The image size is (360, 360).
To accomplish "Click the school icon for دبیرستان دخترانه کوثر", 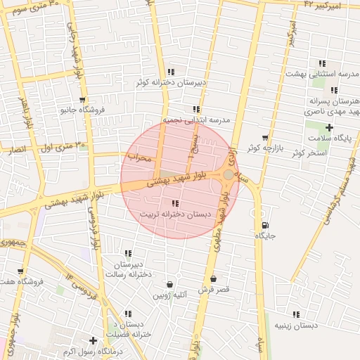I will (x=171, y=72).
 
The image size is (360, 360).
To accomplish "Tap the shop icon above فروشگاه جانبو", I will (x=83, y=100).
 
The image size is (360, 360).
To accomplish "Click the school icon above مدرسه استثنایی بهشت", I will (x=322, y=63).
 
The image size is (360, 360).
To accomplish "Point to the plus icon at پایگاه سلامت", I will (x=329, y=127).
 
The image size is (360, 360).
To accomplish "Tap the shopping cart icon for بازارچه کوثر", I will (x=264, y=138).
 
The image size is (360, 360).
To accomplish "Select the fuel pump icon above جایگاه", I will (x=264, y=226).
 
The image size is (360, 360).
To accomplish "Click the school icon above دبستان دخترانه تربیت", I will (x=175, y=203).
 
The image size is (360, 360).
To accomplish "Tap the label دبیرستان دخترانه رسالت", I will (x=129, y=269).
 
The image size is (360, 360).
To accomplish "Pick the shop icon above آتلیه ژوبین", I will (x=169, y=285).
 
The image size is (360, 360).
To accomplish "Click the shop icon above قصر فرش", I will (x=213, y=278).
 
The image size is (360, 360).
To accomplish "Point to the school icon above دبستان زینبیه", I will (x=295, y=314).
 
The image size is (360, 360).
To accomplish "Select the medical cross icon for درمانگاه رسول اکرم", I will (x=93, y=340).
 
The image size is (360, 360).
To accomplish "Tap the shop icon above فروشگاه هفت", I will (x=20, y=271).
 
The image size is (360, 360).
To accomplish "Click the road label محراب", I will (x=140, y=157).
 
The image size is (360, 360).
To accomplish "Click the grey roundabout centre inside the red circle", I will (x=229, y=174).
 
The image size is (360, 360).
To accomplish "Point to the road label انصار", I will (x=15, y=150).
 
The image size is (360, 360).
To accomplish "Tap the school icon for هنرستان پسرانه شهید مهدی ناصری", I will (x=334, y=90).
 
